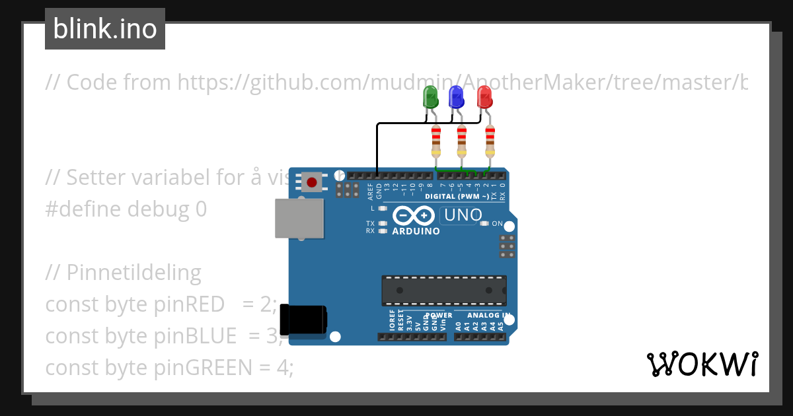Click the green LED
430,98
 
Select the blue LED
457,98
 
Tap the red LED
484,98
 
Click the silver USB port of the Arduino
299,219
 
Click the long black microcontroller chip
443,291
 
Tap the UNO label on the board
463,215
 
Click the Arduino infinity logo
413,216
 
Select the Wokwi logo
702,364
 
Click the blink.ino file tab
105,29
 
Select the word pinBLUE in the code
196,336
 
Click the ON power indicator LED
485,223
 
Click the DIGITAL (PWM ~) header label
457,196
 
